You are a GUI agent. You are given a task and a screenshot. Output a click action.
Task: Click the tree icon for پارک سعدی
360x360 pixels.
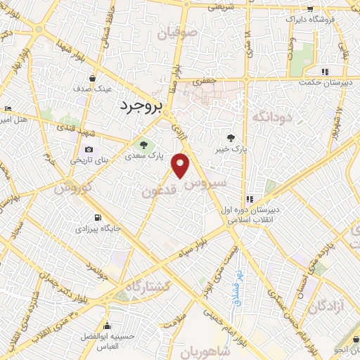[x=143, y=146]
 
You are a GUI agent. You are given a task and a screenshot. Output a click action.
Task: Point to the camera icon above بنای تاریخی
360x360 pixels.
[x=89, y=150]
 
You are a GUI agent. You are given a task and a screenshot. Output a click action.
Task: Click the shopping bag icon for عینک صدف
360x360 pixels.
[x=94, y=79]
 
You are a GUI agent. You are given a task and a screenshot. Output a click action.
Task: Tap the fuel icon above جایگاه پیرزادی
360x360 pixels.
[x=98, y=217]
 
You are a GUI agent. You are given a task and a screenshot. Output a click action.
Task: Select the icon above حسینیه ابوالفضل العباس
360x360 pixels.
[x=107, y=326]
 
